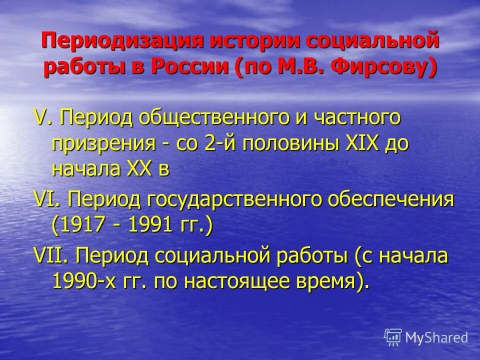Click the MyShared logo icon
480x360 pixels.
coord(393,336)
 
